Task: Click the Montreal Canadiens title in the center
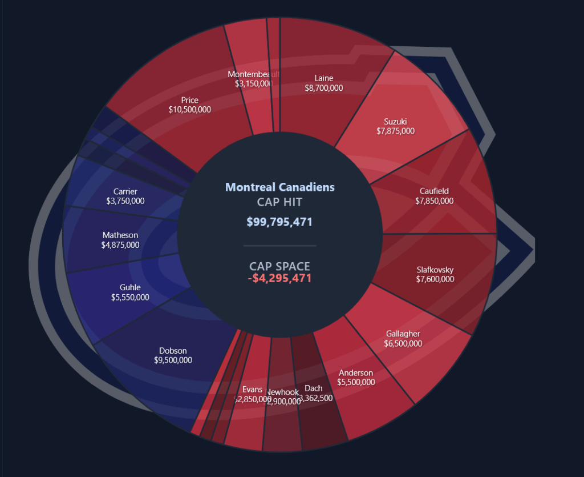279,187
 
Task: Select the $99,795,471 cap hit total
279,222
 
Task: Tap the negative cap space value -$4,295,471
279,279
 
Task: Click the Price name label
189,100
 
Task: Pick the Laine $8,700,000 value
323,88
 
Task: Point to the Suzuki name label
395,121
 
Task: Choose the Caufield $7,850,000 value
434,201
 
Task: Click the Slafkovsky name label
435,270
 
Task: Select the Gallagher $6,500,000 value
403,343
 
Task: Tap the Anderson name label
356,372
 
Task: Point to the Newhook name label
283,392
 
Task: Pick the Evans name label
252,389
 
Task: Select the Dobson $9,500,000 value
173,360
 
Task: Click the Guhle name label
130,287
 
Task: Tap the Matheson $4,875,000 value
120,244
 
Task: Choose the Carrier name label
125,191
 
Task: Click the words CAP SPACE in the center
279,266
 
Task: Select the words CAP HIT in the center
279,202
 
